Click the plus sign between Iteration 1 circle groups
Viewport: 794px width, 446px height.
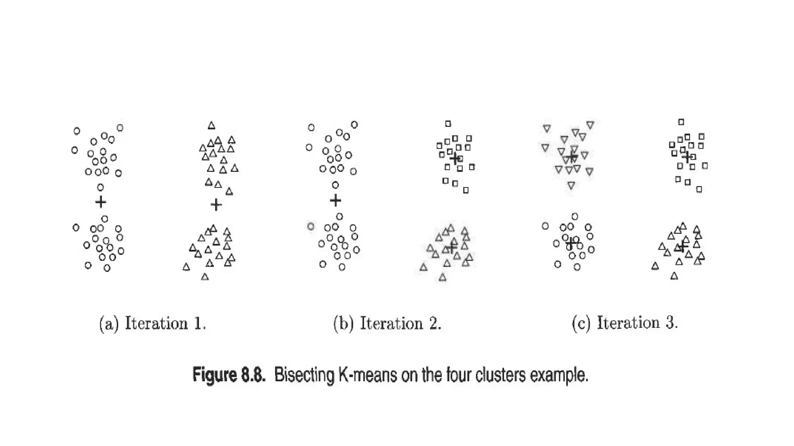[x=100, y=202]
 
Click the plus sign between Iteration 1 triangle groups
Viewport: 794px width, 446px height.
[x=216, y=204]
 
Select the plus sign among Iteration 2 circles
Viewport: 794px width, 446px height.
[x=335, y=200]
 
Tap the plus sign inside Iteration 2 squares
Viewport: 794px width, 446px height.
[x=454, y=158]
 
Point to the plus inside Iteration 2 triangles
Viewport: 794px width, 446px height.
[x=452, y=247]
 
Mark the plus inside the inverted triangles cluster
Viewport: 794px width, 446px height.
[x=571, y=157]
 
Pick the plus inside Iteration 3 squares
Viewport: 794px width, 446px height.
[x=687, y=157]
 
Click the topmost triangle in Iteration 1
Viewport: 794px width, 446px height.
[x=211, y=125]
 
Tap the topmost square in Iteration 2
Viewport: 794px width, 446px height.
[x=448, y=124]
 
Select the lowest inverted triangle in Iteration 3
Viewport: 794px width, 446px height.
[x=571, y=185]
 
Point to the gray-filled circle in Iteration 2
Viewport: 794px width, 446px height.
[x=311, y=226]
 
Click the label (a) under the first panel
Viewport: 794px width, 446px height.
[x=109, y=324]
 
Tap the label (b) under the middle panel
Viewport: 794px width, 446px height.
[x=343, y=324]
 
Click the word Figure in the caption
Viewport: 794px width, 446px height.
[x=215, y=375]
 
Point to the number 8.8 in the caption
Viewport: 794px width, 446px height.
[x=254, y=375]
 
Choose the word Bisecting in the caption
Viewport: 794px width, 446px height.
[x=304, y=375]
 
